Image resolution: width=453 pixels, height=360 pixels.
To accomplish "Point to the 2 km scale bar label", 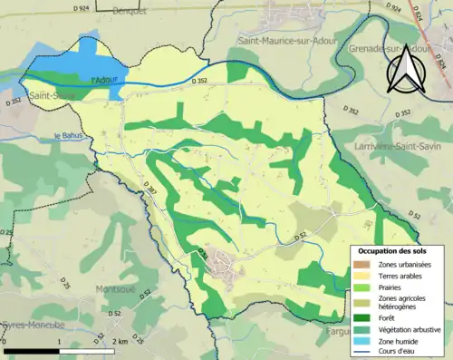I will (120, 342).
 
